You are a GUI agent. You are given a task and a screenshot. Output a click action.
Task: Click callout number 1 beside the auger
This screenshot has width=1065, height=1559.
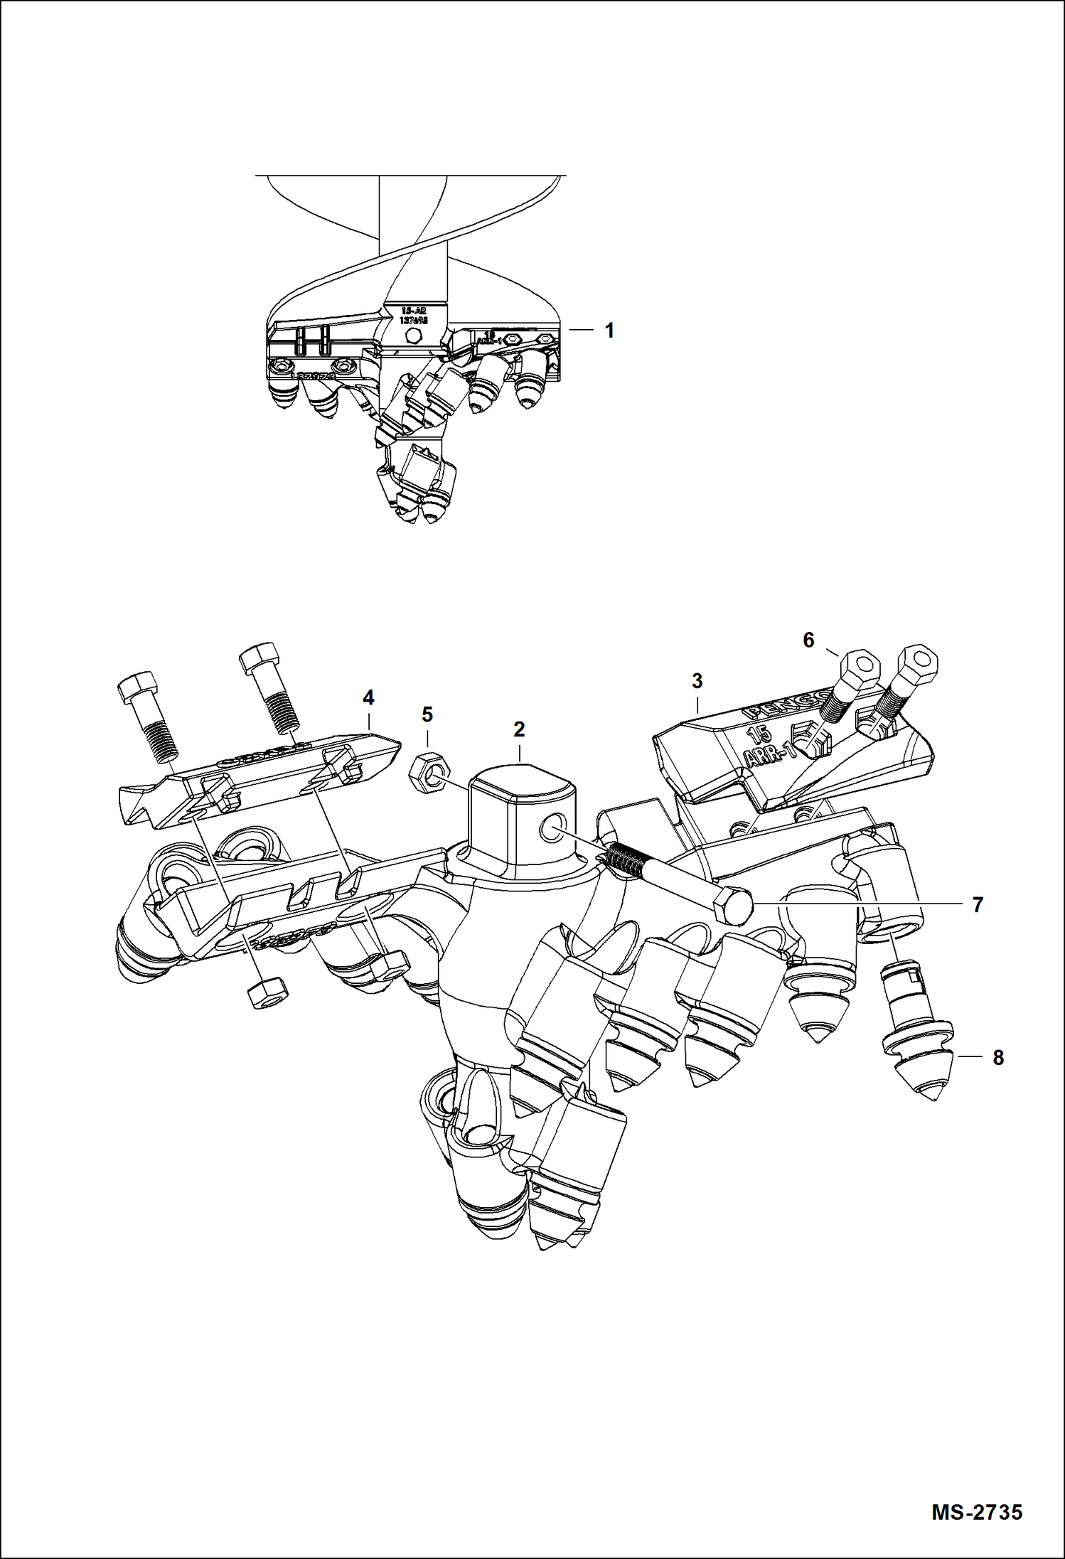click(x=609, y=331)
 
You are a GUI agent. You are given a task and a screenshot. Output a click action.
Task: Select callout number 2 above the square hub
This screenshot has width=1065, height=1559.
click(x=519, y=729)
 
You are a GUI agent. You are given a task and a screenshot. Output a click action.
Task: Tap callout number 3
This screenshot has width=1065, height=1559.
click(x=697, y=681)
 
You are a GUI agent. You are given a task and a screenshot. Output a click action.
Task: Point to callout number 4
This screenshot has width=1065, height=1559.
click(x=368, y=698)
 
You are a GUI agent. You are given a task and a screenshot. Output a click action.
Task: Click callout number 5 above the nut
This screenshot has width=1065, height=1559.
click(x=427, y=714)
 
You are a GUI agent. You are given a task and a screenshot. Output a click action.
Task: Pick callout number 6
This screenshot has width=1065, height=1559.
click(x=808, y=640)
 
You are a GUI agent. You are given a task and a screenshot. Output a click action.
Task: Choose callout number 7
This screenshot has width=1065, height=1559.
click(x=978, y=905)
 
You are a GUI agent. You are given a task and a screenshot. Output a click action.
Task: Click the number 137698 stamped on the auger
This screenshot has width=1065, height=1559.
click(x=413, y=321)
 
